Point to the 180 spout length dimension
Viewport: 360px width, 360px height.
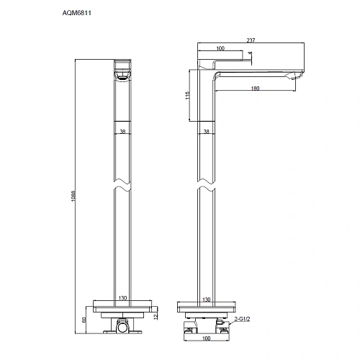256,89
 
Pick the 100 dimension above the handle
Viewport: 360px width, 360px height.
220,49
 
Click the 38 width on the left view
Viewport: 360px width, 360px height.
123,132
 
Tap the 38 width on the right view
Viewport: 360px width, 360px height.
207,132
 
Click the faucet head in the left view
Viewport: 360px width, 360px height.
124,69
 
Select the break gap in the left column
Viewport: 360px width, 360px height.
124,186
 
